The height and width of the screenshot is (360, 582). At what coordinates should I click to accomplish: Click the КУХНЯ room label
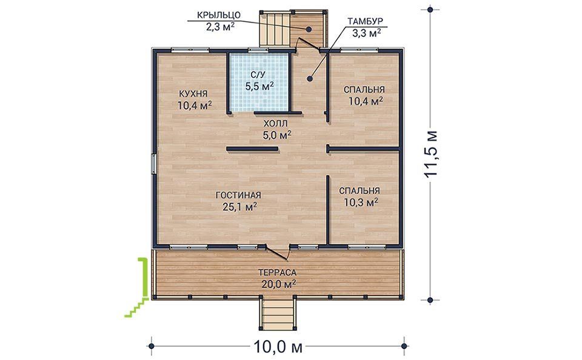pyautogui.click(x=193, y=93)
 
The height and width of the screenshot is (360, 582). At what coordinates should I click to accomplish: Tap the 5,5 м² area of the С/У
pyautogui.click(x=259, y=87)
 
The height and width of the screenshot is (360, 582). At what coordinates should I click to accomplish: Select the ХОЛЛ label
pyautogui.click(x=275, y=123)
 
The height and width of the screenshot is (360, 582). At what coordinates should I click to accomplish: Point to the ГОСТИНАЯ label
pyautogui.click(x=238, y=195)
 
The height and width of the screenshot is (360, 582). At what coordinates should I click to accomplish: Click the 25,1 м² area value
pyautogui.click(x=240, y=207)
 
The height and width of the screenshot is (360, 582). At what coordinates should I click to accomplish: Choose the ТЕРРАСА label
pyautogui.click(x=278, y=273)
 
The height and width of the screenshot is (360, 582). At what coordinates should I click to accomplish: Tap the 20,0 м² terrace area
pyautogui.click(x=278, y=284)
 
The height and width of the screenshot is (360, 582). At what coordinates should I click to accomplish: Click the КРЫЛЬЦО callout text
pyautogui.click(x=219, y=15)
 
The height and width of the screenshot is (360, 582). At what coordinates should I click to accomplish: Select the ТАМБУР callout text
pyautogui.click(x=365, y=21)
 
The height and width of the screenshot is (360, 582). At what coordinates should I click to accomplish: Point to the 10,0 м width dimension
pyautogui.click(x=278, y=347)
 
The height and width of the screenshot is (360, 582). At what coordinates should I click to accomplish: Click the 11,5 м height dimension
pyautogui.click(x=431, y=154)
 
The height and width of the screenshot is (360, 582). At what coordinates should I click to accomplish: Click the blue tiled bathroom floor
pyautogui.click(x=259, y=82)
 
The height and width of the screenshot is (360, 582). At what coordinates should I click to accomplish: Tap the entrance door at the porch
pyautogui.click(x=309, y=44)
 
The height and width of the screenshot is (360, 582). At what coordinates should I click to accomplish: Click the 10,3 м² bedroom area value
pyautogui.click(x=361, y=202)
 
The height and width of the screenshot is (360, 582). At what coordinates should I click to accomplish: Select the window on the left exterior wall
pyautogui.click(x=153, y=164)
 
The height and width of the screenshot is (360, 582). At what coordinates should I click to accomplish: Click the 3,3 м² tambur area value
pyautogui.click(x=366, y=33)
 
